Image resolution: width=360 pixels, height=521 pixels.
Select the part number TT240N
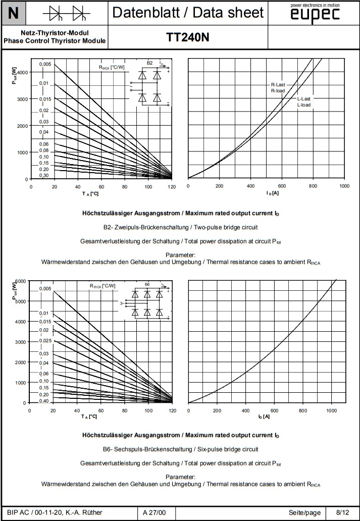tap(187, 37)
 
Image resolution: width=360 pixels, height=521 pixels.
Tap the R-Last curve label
tap(278, 85)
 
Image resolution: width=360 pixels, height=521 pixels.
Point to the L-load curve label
tap(304, 105)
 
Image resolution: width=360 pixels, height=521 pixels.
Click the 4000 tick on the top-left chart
tap(22, 72)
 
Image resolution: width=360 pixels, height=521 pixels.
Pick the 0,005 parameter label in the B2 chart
tap(45, 64)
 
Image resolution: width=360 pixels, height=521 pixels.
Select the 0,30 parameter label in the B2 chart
tap(44, 175)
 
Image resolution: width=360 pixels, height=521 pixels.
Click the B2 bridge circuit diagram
tap(150, 84)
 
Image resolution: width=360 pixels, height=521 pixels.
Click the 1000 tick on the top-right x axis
tap(344, 186)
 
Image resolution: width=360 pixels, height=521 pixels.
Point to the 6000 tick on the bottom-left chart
tap(20, 281)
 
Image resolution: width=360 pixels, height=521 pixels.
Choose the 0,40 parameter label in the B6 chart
tap(44, 401)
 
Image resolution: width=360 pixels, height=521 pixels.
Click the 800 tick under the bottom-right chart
tap(302, 411)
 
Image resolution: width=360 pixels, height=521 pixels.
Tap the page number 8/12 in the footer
tap(342, 513)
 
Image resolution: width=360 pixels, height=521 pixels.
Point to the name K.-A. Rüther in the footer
tap(83, 513)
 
